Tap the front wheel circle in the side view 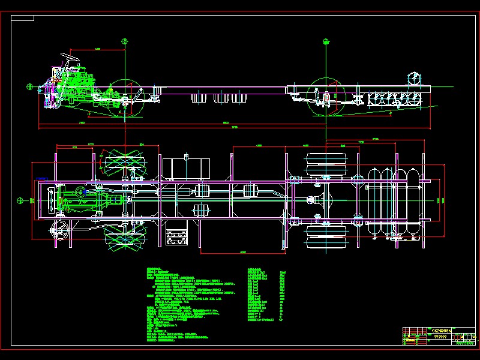[125, 96]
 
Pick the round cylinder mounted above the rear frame [414, 79]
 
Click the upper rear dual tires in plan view [326, 165]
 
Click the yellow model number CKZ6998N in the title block [438, 330]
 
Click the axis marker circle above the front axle [125, 41]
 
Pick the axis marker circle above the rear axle [326, 41]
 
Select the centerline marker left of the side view [28, 86]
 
